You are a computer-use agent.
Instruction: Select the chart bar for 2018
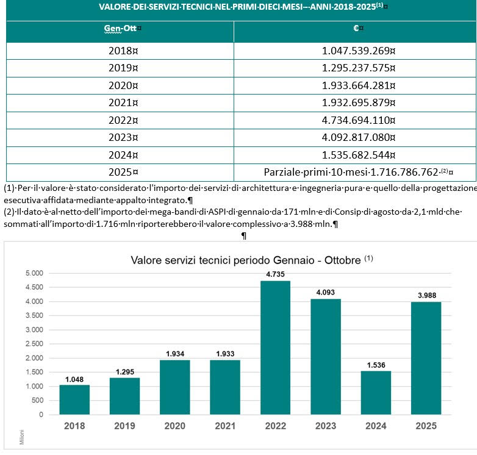pos(74,399)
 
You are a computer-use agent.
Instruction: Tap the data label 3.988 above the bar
pos(426,296)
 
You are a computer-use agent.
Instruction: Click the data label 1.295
pos(124,371)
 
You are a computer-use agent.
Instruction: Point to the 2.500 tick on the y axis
pos(34,344)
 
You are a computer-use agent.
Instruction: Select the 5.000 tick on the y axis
pos(34,273)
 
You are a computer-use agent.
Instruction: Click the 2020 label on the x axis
pos(174,426)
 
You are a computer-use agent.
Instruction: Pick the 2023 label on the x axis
pos(325,426)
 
